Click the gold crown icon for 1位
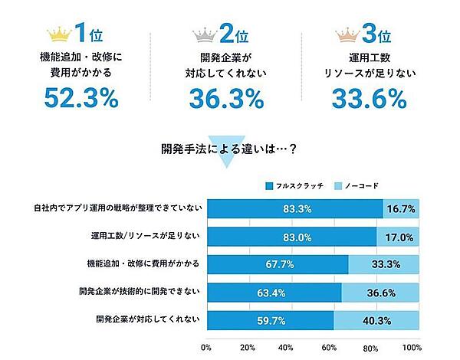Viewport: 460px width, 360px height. (x=58, y=34)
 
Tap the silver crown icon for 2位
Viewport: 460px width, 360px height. (x=205, y=34)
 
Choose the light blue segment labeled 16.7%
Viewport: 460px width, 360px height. (x=399, y=208)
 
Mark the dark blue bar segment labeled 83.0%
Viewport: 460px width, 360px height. (x=294, y=236)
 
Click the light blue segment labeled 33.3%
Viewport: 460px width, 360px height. (x=383, y=264)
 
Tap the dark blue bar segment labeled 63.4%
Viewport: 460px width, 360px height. (x=274, y=292)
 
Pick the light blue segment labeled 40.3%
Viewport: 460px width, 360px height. (x=375, y=319)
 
